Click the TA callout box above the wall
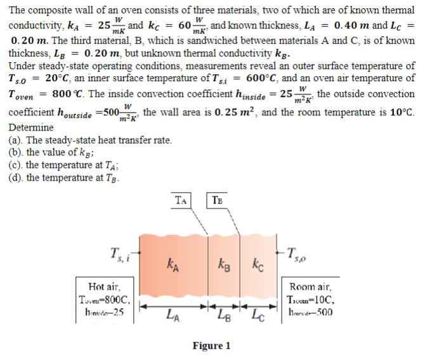[x=182, y=200]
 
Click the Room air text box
[x=313, y=299]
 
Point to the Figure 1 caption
[x=211, y=345]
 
